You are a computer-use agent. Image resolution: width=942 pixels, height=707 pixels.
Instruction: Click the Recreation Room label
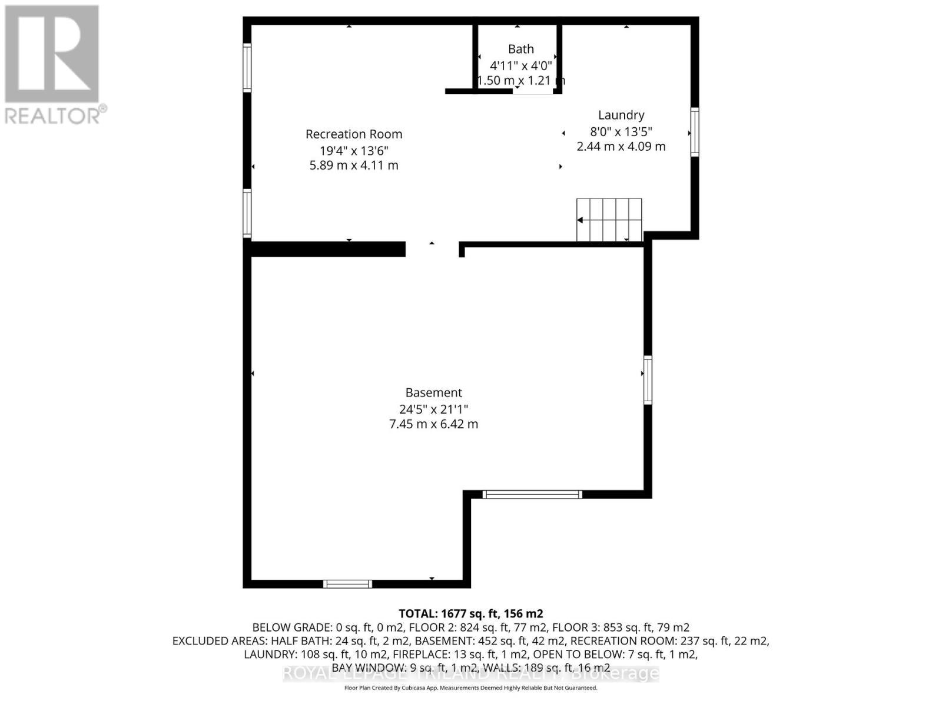pyautogui.click(x=354, y=134)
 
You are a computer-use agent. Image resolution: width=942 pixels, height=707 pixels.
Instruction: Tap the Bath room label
pyautogui.click(x=521, y=49)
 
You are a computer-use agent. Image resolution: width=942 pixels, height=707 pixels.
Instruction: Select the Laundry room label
pyautogui.click(x=621, y=115)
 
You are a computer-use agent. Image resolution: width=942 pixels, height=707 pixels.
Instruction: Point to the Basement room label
pyautogui.click(x=434, y=393)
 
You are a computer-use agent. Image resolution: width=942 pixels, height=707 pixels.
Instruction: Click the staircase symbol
pyautogui.click(x=609, y=220)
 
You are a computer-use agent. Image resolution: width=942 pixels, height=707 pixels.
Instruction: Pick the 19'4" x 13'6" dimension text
pyautogui.click(x=354, y=150)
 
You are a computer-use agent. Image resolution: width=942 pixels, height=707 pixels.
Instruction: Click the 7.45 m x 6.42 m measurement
pyautogui.click(x=434, y=424)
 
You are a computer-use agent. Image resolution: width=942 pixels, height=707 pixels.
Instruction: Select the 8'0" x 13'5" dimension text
pyautogui.click(x=621, y=131)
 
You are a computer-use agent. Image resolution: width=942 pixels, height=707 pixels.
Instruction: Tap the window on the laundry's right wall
pyautogui.click(x=695, y=132)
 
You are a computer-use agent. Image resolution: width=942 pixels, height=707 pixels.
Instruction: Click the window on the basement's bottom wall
pyautogui.click(x=347, y=584)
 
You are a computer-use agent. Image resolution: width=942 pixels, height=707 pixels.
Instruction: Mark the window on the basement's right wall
pyautogui.click(x=648, y=380)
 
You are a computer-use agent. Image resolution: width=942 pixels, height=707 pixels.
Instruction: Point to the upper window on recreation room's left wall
pyautogui.click(x=247, y=68)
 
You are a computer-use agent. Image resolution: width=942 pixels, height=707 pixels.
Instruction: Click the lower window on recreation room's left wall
pyautogui.click(x=247, y=213)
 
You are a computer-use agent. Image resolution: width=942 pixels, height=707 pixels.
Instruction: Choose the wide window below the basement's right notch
pyautogui.click(x=532, y=495)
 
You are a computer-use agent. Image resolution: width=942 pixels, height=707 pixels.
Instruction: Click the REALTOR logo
pyautogui.click(x=53, y=65)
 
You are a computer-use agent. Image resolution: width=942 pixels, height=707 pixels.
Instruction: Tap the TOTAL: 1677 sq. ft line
pyautogui.click(x=471, y=613)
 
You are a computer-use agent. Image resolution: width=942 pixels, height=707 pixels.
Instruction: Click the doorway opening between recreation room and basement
pyautogui.click(x=432, y=249)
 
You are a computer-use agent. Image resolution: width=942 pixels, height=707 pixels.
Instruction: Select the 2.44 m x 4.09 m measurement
pyautogui.click(x=621, y=147)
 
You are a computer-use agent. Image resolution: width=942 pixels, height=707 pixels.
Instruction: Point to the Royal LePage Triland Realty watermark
pyautogui.click(x=471, y=673)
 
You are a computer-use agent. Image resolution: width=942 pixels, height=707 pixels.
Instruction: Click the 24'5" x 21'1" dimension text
pyautogui.click(x=434, y=409)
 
